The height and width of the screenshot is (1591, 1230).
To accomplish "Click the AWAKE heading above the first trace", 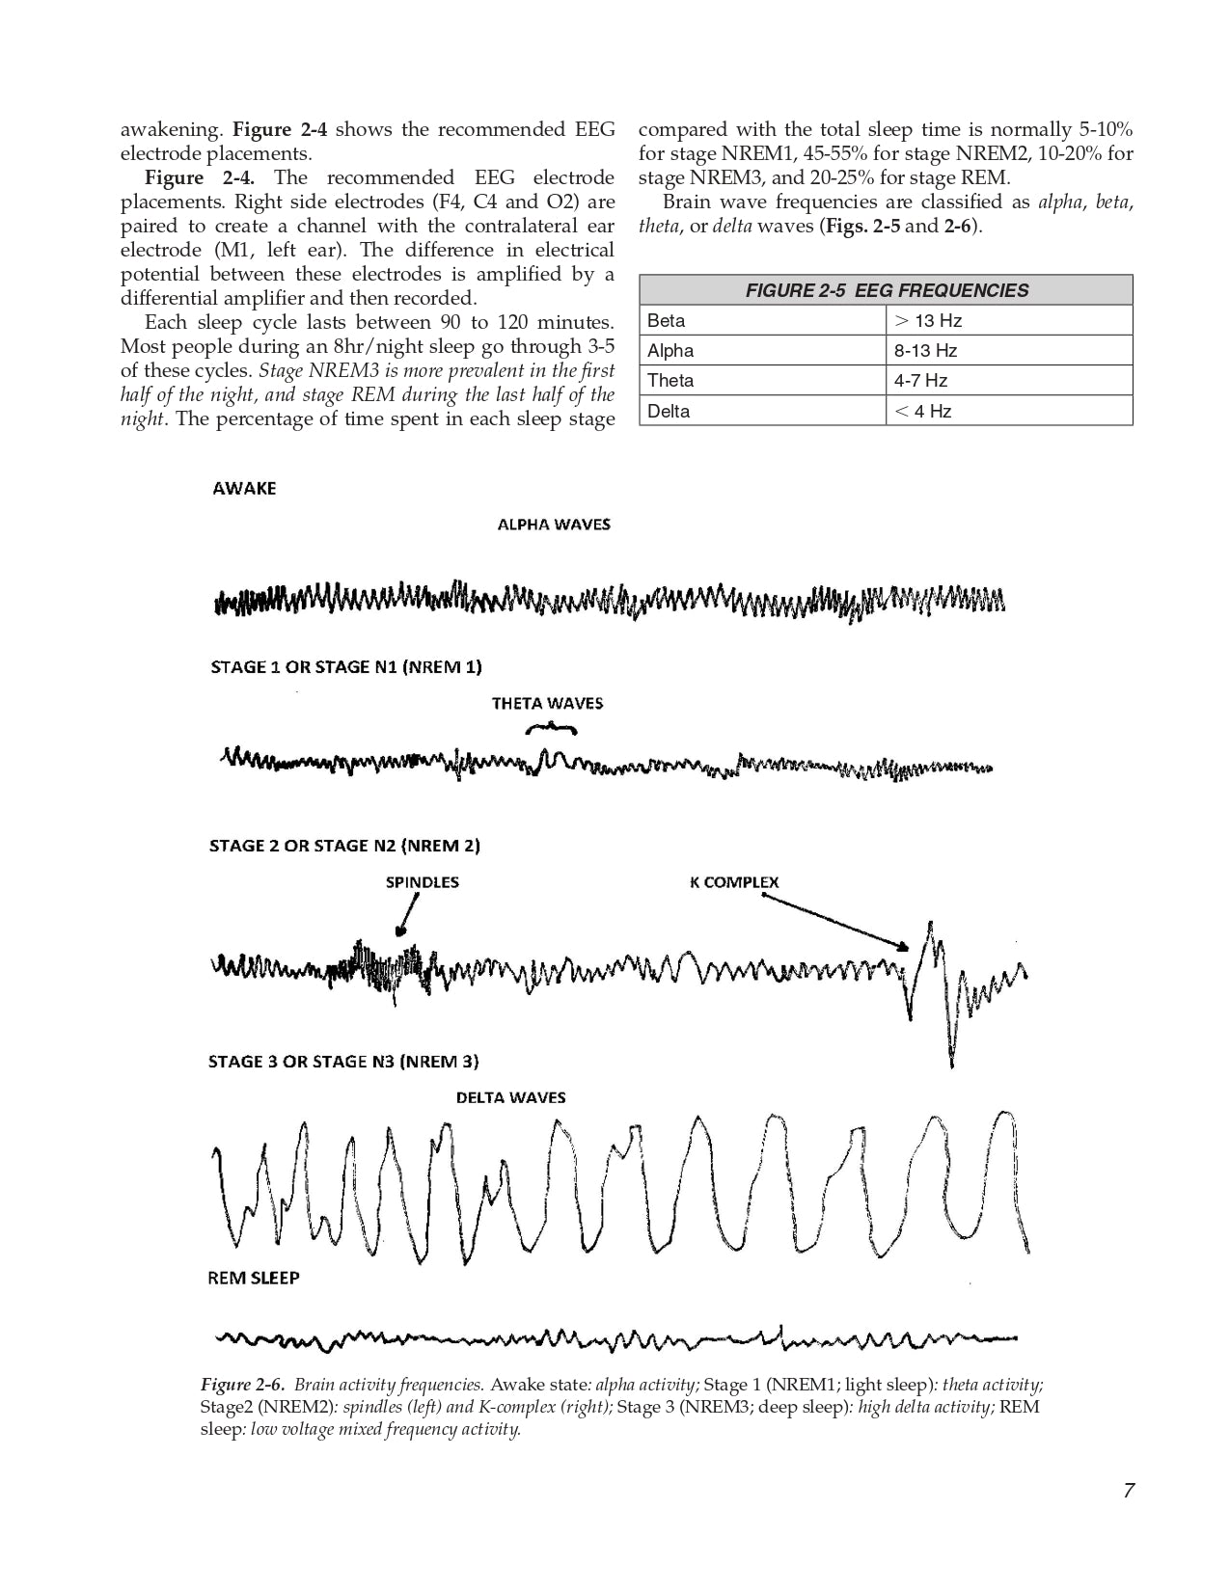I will (x=244, y=489).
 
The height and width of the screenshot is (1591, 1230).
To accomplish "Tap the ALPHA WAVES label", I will (x=554, y=525).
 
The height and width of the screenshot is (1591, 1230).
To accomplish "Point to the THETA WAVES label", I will (x=547, y=704).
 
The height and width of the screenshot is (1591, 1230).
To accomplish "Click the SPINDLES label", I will (x=423, y=882).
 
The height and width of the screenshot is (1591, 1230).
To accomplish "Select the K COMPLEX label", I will (x=734, y=882).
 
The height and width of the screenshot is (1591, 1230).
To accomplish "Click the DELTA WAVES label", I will (x=510, y=1098).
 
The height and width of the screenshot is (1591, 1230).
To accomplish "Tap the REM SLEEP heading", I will (x=254, y=1279).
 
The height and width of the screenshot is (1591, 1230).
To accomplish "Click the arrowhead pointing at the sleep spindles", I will (x=397, y=931).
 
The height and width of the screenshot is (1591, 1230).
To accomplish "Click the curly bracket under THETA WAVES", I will (x=549, y=727).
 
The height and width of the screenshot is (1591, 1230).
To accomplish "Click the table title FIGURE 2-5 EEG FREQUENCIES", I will (x=886, y=290).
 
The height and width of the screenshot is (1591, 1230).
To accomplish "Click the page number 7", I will (x=1128, y=1491).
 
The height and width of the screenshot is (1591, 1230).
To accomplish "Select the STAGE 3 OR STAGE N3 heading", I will (x=343, y=1063).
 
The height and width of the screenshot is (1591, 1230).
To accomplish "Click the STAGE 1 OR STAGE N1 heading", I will (x=345, y=667).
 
